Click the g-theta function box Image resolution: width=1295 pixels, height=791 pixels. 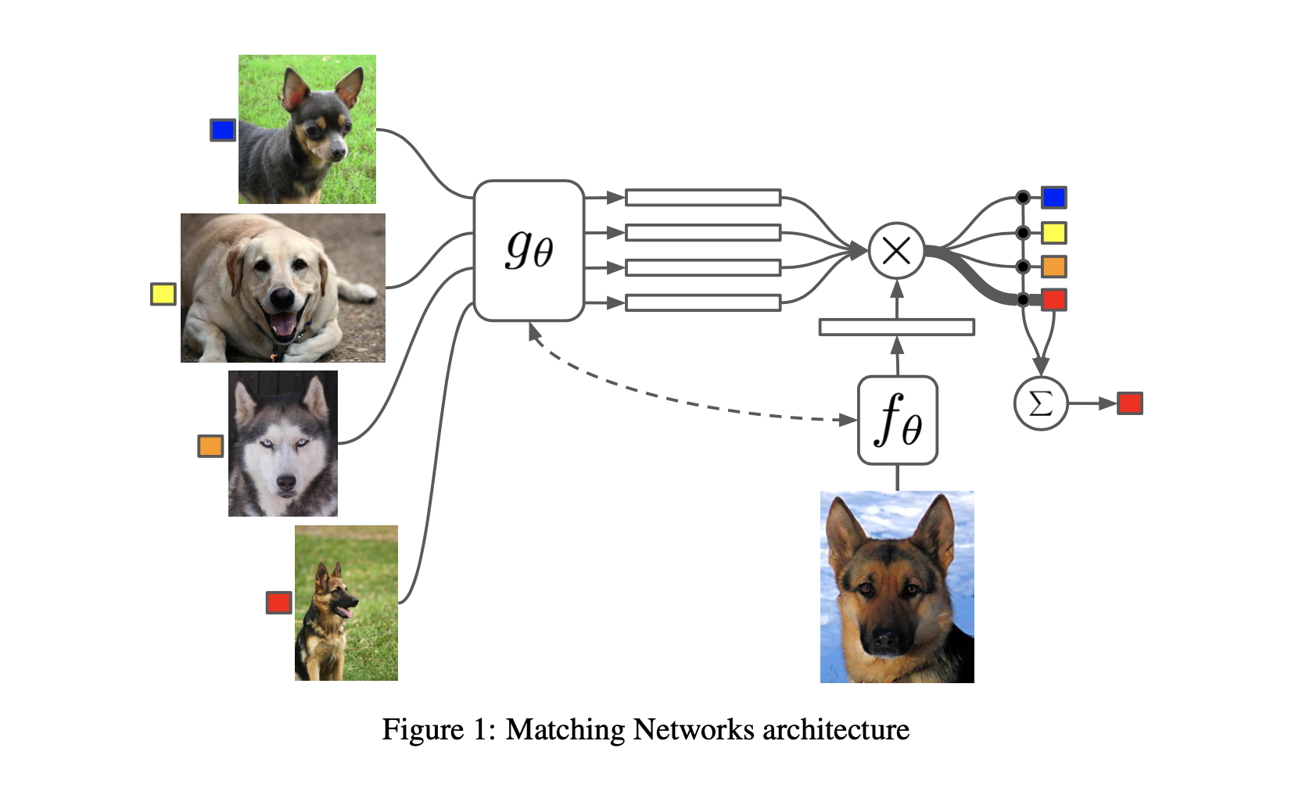(x=529, y=251)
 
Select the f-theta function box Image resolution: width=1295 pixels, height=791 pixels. (x=897, y=421)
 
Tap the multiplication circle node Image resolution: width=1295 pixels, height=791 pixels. (x=896, y=251)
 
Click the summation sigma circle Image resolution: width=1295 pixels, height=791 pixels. (x=1040, y=403)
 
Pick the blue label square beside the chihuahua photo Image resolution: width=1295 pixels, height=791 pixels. (x=223, y=130)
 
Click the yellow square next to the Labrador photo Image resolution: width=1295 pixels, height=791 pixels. (x=163, y=294)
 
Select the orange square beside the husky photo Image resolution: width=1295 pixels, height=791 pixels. (x=210, y=446)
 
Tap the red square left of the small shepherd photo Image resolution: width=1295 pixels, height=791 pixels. (x=278, y=602)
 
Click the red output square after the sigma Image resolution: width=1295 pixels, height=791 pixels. (x=1129, y=403)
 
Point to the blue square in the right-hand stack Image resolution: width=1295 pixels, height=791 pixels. (x=1053, y=197)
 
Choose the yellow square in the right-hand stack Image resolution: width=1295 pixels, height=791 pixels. (x=1053, y=232)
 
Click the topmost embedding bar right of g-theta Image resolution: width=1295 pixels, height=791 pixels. (x=702, y=197)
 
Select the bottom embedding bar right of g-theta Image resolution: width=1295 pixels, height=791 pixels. (x=702, y=302)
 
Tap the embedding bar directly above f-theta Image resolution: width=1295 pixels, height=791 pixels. (x=896, y=327)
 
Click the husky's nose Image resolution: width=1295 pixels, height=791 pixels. (x=286, y=484)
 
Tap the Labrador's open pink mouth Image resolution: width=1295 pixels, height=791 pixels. (x=283, y=323)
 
